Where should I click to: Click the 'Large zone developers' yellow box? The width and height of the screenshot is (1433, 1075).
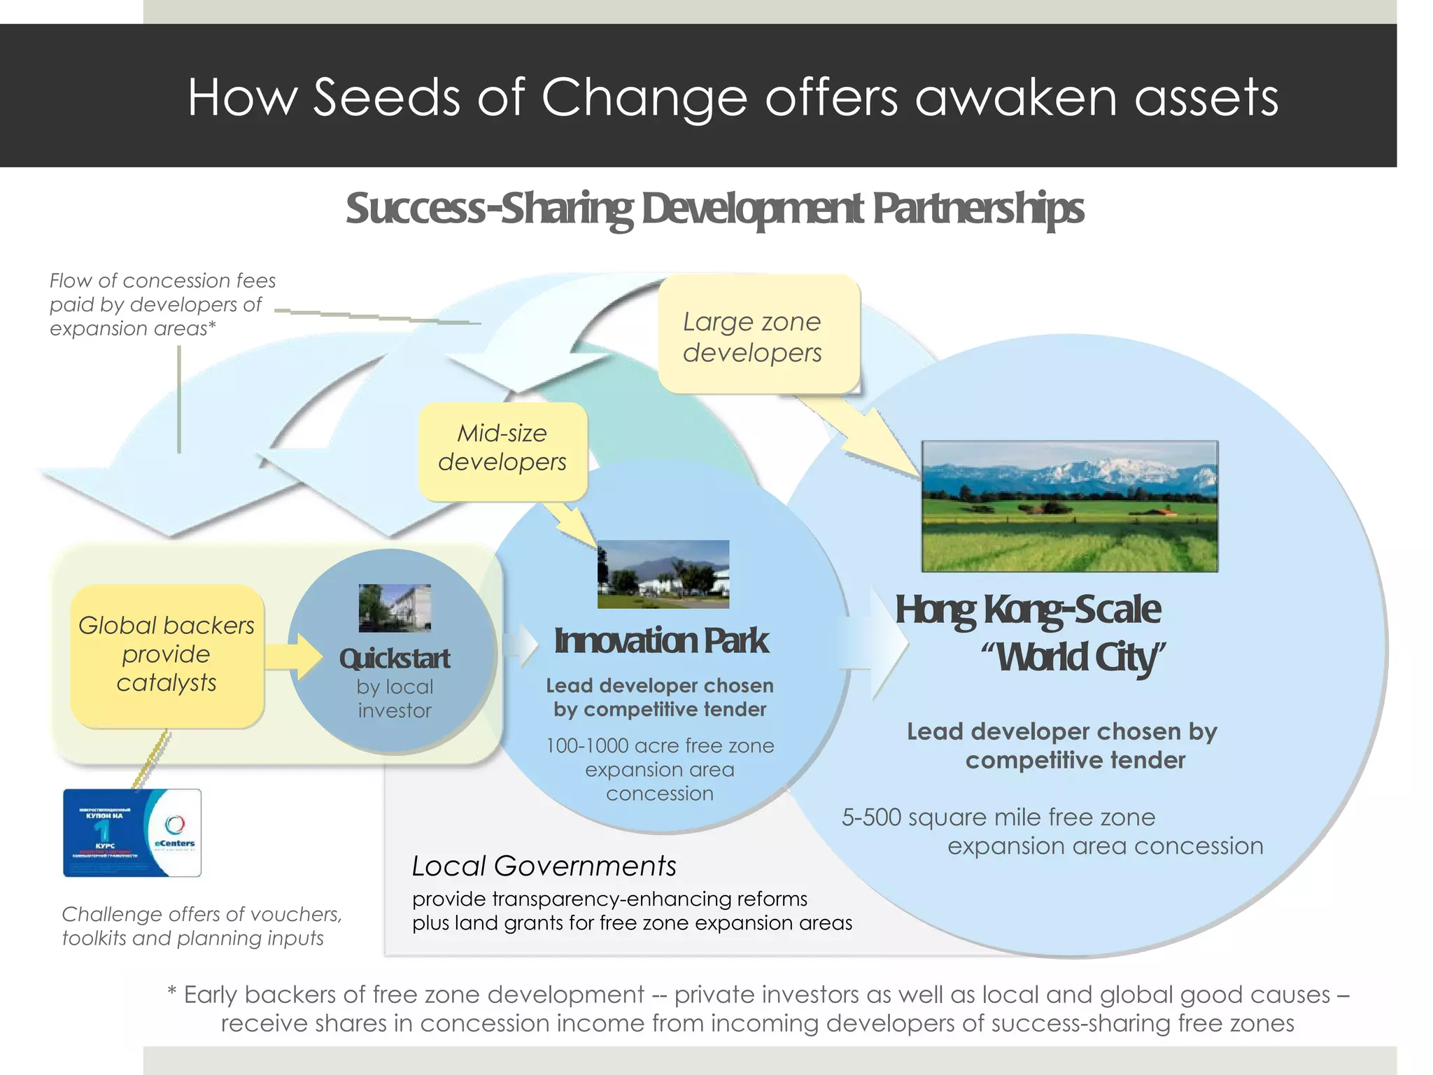tap(758, 335)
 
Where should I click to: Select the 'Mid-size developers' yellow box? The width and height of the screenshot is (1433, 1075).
tap(502, 449)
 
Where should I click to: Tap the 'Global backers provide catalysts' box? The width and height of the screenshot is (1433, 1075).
tap(167, 655)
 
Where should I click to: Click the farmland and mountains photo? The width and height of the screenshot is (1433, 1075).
tap(1069, 506)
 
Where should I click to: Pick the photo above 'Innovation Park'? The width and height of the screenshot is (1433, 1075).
tap(663, 574)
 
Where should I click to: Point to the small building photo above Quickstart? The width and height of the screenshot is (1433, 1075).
tap(395, 607)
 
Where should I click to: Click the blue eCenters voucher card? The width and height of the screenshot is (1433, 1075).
tap(132, 833)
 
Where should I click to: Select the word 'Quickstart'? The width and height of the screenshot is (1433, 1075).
tap(395, 659)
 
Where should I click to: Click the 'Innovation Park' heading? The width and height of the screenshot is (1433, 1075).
tap(661, 641)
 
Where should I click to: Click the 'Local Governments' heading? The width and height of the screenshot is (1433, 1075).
tap(544, 866)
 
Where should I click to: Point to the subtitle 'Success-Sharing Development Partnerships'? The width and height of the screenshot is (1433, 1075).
tap(714, 209)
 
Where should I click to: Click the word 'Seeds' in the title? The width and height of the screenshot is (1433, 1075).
tap(386, 97)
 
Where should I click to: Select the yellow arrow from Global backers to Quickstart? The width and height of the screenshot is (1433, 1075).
tap(294, 656)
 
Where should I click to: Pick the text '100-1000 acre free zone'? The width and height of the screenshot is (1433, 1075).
tap(660, 746)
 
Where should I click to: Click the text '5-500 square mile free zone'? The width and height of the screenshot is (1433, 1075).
tap(998, 817)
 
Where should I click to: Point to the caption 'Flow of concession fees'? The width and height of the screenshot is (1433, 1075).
tap(162, 281)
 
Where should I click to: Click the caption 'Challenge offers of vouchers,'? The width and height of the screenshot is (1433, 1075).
tap(202, 914)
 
